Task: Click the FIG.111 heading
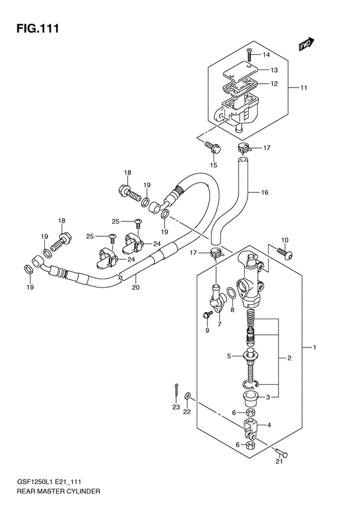point(38,28)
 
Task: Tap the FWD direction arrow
point(307,44)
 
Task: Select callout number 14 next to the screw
point(266,55)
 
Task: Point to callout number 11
point(303,88)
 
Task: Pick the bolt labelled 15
point(213,148)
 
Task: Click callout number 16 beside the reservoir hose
point(265,192)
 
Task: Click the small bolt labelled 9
point(207,315)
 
